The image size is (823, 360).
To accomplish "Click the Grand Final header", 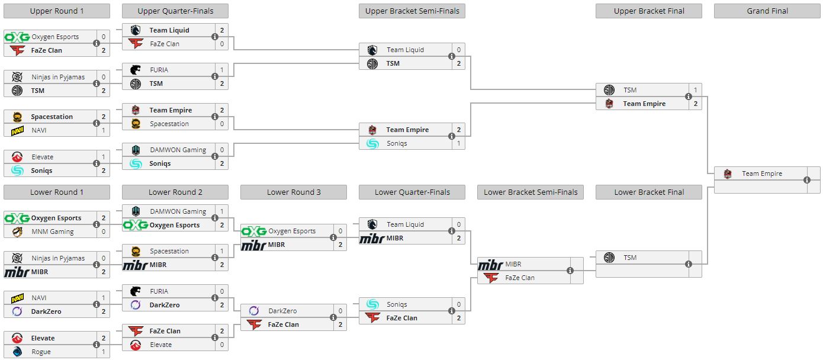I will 767,11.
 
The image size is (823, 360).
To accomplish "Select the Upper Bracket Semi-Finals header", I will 411,11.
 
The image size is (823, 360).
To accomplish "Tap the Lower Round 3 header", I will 293,192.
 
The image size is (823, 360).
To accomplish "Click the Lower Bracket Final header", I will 648,192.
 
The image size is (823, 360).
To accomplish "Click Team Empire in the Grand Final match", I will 761,173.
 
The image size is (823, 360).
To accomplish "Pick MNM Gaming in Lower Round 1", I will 52,232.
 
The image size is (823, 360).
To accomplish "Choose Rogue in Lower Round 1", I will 41,352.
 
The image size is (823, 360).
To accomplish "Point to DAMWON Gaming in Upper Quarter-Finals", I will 178,150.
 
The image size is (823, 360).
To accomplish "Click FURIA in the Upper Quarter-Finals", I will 159,70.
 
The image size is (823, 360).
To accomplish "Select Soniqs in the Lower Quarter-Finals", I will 397,304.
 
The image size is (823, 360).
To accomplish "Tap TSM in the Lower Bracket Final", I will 629,258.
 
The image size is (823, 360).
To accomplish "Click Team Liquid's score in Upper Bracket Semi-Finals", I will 458,50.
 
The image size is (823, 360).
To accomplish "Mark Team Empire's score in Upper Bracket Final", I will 695,104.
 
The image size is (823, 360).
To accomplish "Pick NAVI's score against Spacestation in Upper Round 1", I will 103,130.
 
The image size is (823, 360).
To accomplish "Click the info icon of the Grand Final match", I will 807,180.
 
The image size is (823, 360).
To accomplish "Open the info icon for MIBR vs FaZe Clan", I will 570,271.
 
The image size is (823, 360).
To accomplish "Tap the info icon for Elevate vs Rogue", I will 97,345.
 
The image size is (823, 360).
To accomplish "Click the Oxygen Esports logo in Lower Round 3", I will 254,231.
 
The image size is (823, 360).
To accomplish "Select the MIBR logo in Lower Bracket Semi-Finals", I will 491,264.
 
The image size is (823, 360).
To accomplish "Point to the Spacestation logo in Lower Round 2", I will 136,251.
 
